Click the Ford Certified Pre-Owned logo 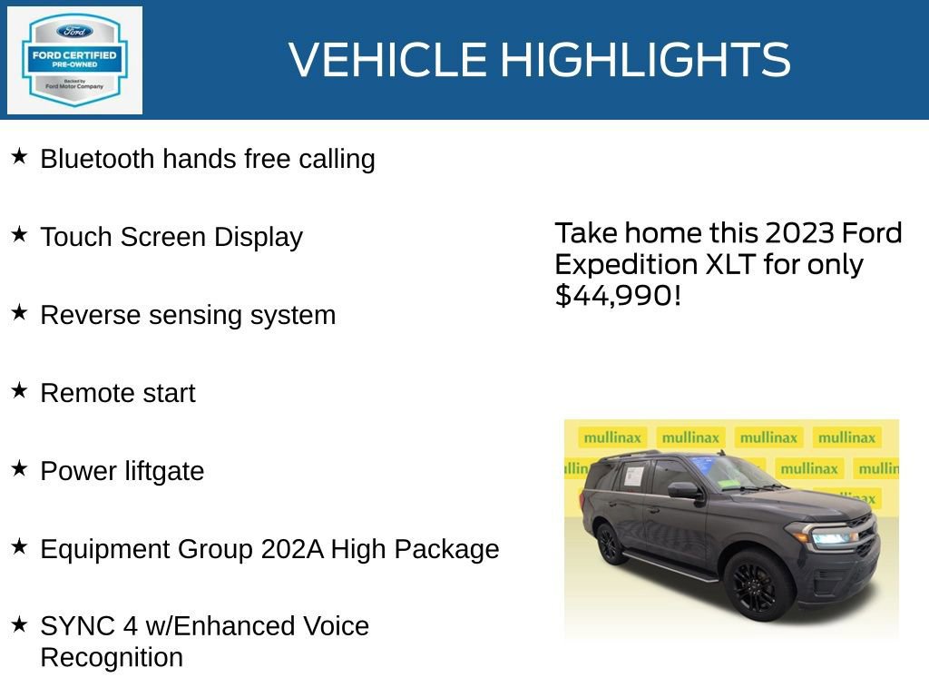(x=74, y=60)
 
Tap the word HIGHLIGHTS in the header (x=645, y=60)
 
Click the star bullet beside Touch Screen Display (x=19, y=234)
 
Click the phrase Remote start (x=118, y=393)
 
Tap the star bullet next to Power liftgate (x=19, y=468)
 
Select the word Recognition (x=112, y=657)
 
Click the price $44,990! (x=617, y=295)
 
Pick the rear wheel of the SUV (x=608, y=544)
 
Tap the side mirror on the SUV (x=683, y=491)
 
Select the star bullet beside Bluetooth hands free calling (x=19, y=156)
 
